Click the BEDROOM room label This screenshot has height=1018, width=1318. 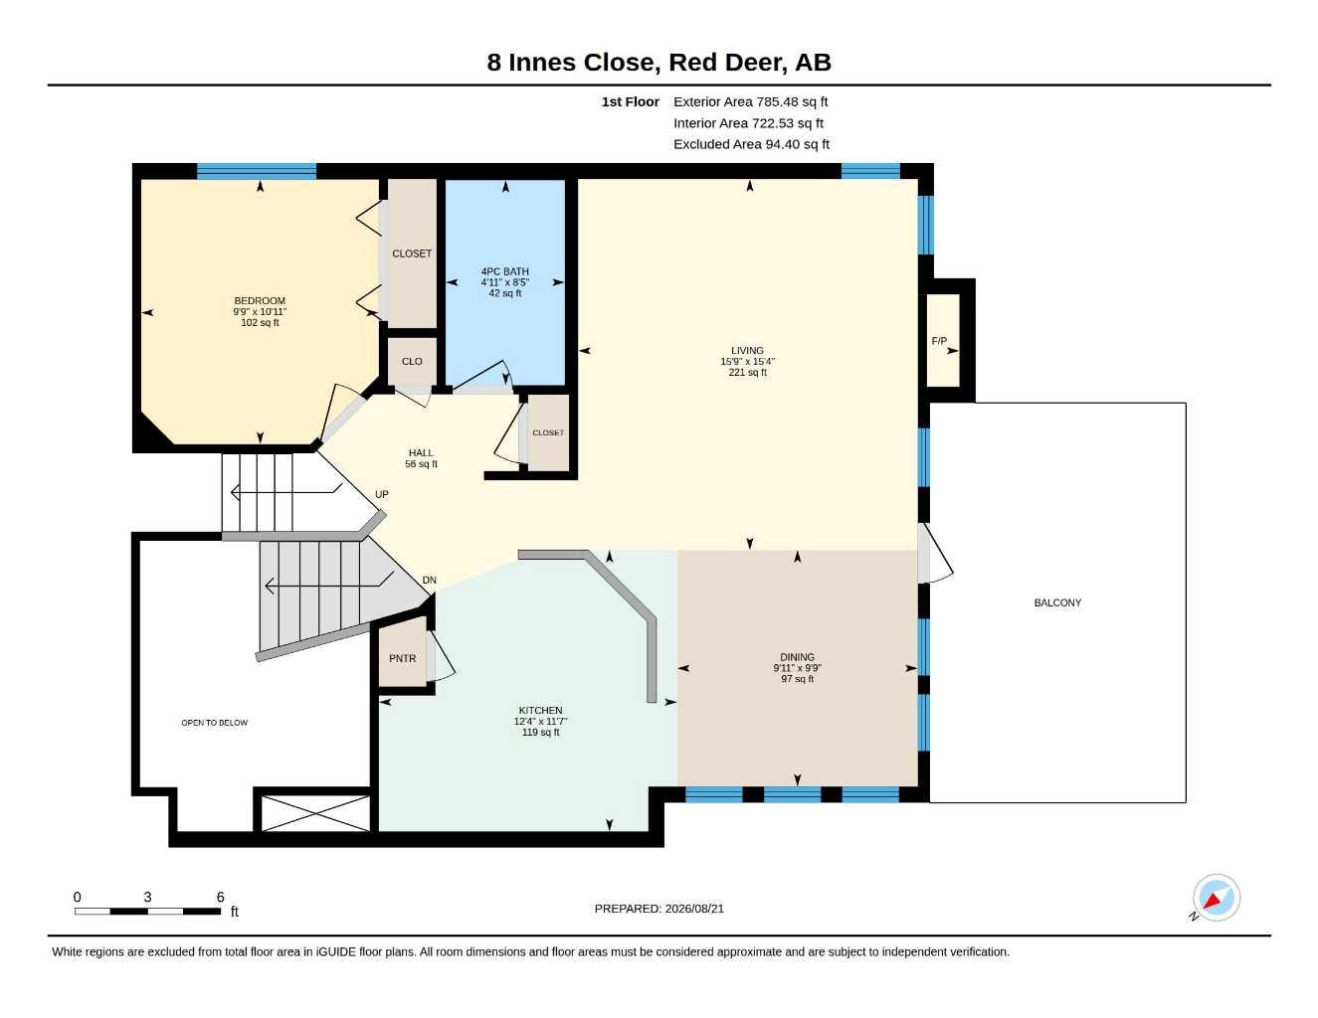[x=260, y=300]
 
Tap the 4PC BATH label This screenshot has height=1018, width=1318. [x=504, y=271]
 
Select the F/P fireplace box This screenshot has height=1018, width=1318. [x=943, y=340]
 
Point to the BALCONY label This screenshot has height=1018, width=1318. [x=1057, y=602]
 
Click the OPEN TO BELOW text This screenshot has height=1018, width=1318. [x=214, y=723]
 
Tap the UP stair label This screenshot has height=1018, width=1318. [x=382, y=494]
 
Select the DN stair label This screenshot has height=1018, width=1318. [x=429, y=580]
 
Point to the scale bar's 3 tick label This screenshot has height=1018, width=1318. [x=147, y=897]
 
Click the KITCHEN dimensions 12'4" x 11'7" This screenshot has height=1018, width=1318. [x=540, y=721]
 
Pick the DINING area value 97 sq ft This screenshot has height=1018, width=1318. [x=797, y=679]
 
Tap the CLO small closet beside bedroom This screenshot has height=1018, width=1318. [x=412, y=361]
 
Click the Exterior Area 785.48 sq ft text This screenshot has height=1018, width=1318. [x=750, y=101]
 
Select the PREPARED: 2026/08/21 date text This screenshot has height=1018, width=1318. [x=659, y=909]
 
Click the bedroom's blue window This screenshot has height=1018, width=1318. [x=257, y=171]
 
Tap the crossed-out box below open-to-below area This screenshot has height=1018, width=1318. [x=315, y=813]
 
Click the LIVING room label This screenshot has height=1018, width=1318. [x=747, y=350]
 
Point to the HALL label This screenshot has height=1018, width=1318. [x=421, y=452]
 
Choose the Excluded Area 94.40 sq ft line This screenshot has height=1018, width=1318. [x=751, y=144]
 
